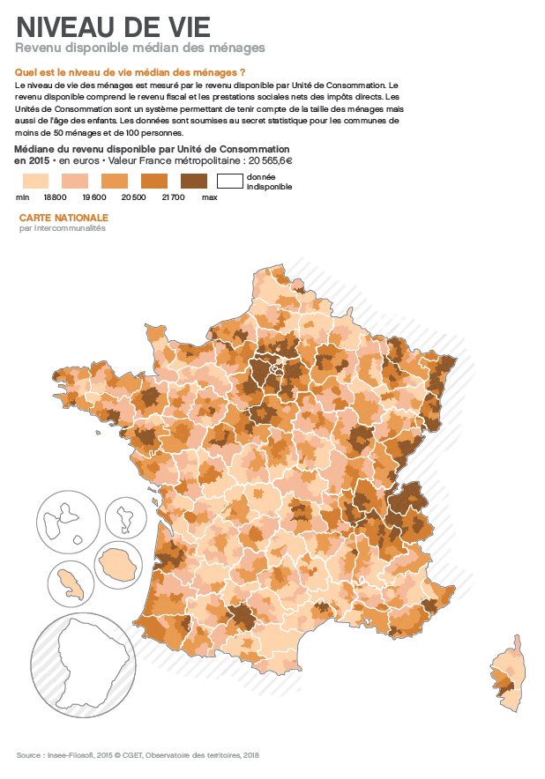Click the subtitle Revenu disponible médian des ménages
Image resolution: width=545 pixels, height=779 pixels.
pos(140,48)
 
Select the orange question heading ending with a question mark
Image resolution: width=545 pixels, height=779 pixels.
pos(130,71)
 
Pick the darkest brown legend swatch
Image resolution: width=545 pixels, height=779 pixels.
pos(193,182)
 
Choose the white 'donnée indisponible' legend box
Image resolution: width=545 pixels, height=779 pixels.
pos(230,182)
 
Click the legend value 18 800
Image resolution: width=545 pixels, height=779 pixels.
pos(56,198)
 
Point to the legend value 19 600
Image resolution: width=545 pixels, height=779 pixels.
pos(94,198)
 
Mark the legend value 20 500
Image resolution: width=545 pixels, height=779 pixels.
pos(134,198)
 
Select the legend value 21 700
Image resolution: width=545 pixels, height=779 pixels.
pos(173,198)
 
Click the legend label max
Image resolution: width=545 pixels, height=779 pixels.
pos(209,198)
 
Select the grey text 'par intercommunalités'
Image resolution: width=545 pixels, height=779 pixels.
pos(62,228)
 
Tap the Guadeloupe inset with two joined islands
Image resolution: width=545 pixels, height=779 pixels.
pos(67,521)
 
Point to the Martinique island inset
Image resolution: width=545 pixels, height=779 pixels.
pos(69,582)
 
